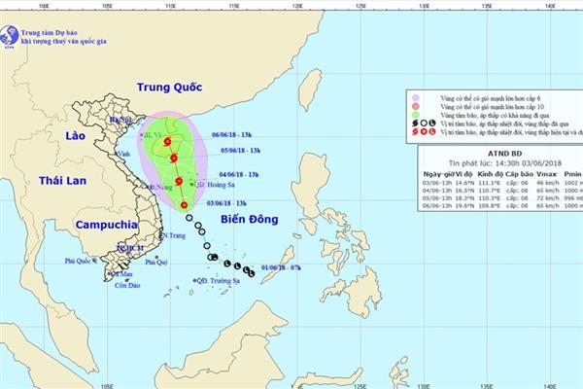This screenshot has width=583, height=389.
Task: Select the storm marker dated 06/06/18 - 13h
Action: [x=167, y=142]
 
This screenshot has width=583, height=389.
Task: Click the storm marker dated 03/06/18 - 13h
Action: [x=184, y=204]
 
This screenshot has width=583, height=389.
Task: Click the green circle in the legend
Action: [x=415, y=114]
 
